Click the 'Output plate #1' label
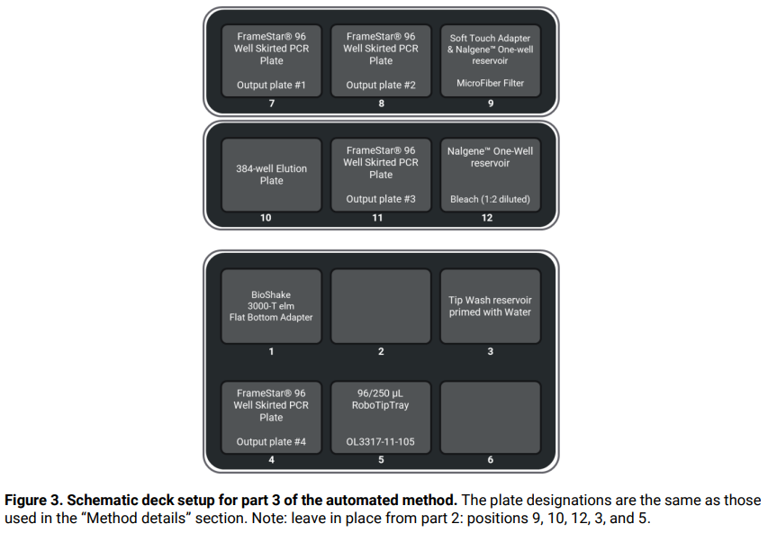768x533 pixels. coord(271,86)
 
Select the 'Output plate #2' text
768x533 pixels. coord(381,86)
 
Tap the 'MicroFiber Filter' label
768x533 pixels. coord(490,84)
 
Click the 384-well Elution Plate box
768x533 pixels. coord(271,175)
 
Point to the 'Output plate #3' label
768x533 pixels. coord(381,199)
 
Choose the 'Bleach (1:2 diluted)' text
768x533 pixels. coord(490,199)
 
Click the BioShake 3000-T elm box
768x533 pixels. coord(271,305)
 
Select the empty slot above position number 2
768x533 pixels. coord(381,305)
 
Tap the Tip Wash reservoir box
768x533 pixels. coord(490,305)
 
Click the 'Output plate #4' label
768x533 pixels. coord(271,442)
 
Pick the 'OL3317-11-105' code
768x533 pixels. coord(381,442)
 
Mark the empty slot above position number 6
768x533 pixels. coord(490,418)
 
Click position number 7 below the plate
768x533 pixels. coord(271,104)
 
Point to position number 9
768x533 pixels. coord(490,104)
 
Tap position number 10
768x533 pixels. coord(265,218)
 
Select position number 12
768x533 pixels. coord(486,218)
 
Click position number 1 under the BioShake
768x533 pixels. coord(271,351)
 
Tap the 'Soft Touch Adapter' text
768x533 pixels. coord(490,39)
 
